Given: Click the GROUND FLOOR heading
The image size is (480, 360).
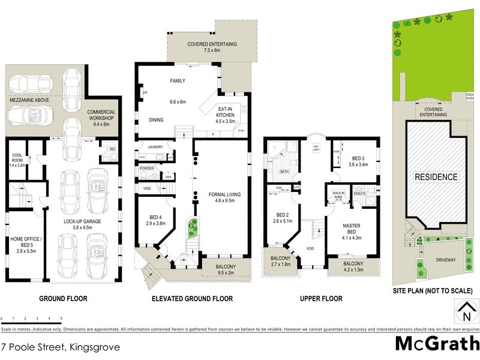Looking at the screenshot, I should coord(63,298).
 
